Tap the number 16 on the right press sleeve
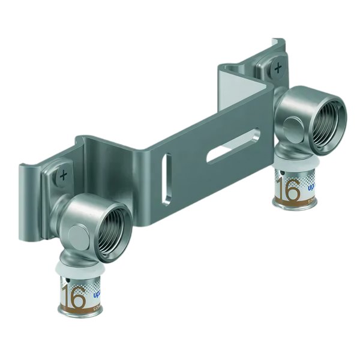[x=290, y=191]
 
